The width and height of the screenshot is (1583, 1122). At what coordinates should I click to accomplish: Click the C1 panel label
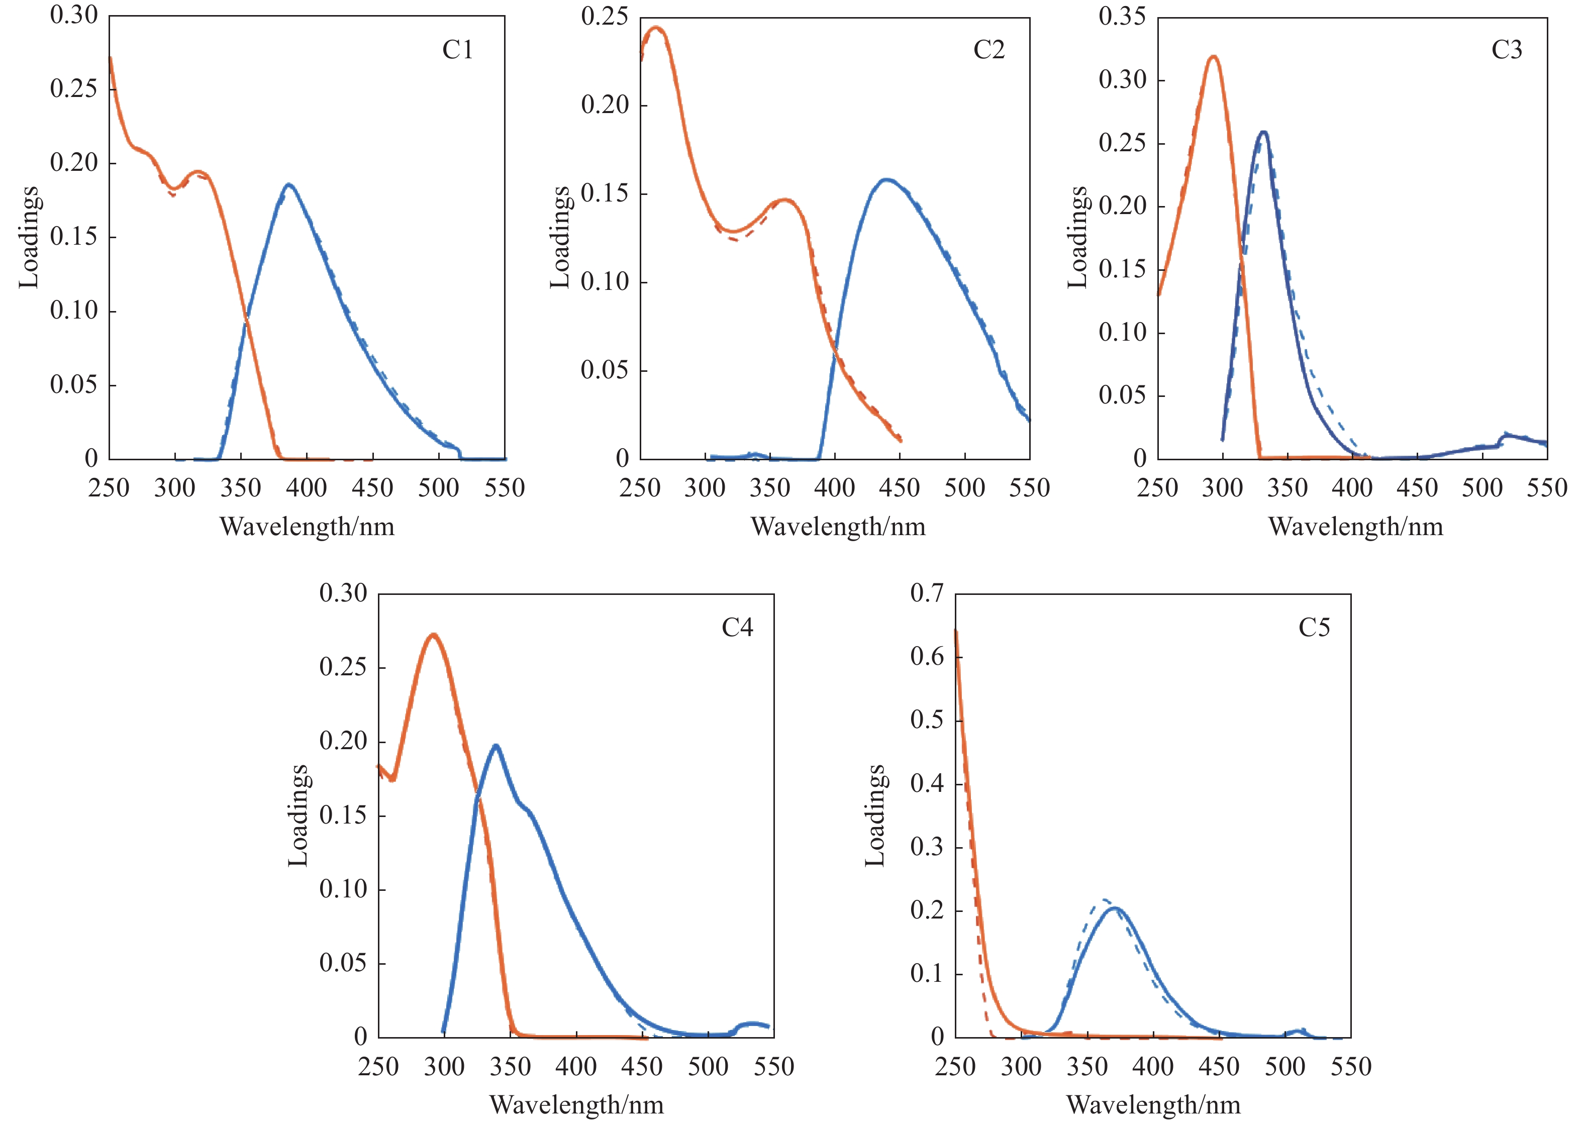point(457,50)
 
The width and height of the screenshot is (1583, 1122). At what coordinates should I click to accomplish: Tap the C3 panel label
point(1506,50)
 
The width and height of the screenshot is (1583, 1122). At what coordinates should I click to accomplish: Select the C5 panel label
point(1314,627)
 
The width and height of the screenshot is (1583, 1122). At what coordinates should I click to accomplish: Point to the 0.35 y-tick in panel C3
point(1122,17)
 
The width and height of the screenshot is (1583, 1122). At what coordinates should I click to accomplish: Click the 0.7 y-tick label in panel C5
point(927,593)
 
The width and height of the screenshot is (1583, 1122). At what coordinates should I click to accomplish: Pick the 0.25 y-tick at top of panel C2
point(605,17)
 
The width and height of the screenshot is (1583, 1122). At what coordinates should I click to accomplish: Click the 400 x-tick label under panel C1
point(307,488)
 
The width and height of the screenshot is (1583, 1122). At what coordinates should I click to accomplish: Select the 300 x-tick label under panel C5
point(1021,1067)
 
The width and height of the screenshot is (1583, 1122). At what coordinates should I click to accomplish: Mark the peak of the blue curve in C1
point(288,184)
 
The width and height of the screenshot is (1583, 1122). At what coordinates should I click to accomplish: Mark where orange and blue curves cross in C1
point(246,319)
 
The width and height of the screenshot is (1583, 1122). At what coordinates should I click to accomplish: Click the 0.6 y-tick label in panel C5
point(927,656)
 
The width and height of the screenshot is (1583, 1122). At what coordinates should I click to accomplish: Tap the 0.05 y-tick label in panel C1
point(73,385)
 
